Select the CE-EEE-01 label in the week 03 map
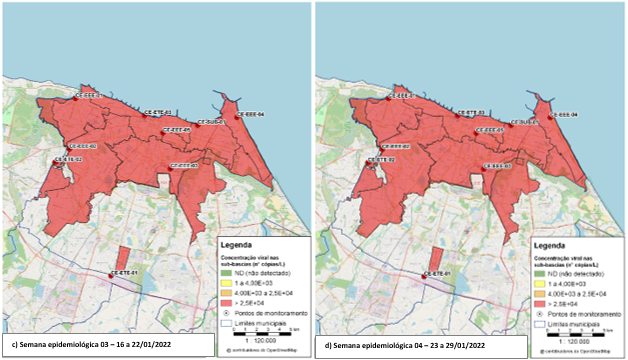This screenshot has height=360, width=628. click(x=92, y=95)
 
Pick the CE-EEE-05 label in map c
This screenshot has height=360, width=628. click(x=177, y=130)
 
